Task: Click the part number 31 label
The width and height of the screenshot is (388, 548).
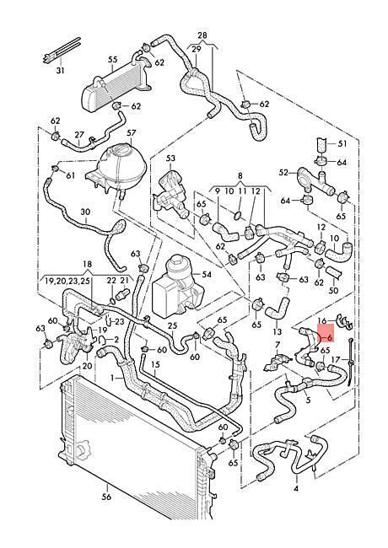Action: [x=61, y=70]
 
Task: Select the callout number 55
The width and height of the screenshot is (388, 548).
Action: [x=112, y=59]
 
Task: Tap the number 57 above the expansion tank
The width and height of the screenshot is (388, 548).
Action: [x=131, y=133]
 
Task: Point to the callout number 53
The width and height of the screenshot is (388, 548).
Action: [x=170, y=158]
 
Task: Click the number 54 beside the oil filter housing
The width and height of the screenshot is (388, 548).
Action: [x=207, y=274]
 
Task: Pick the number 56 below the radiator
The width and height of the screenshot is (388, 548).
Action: [x=107, y=497]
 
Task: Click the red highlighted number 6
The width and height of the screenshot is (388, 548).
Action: [x=329, y=338]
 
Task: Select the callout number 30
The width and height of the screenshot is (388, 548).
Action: [x=85, y=212]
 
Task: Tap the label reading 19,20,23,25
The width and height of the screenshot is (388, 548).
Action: [x=67, y=282]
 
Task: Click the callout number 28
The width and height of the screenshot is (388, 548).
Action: [x=202, y=35]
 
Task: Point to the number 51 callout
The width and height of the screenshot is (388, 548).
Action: [x=342, y=143]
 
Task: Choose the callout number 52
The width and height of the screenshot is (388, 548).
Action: [x=284, y=172]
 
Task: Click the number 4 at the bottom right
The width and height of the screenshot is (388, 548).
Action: [x=296, y=488]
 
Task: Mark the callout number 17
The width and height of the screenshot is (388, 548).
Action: [x=336, y=359]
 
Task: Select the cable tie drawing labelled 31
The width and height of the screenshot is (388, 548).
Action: [x=62, y=51]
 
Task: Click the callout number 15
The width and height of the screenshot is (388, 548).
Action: [x=155, y=364]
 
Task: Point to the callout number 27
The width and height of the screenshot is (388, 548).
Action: [x=79, y=135]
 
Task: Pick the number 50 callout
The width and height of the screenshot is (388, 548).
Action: [x=334, y=290]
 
